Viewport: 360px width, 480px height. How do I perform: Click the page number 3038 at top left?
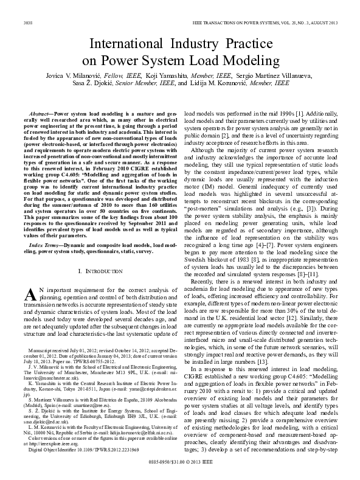click(27, 23)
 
